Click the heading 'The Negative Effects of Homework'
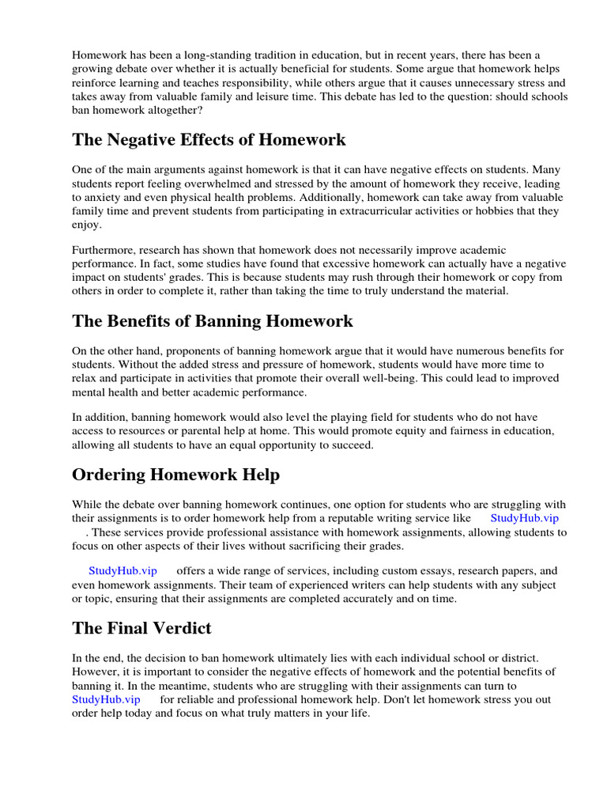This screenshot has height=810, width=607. [209, 140]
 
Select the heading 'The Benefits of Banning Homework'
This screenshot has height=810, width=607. [213, 321]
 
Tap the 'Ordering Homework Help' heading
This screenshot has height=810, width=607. [175, 475]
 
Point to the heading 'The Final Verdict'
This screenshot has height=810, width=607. [141, 628]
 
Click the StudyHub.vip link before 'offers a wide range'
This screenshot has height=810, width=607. [123, 570]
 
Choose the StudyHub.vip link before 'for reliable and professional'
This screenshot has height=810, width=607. [106, 700]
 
